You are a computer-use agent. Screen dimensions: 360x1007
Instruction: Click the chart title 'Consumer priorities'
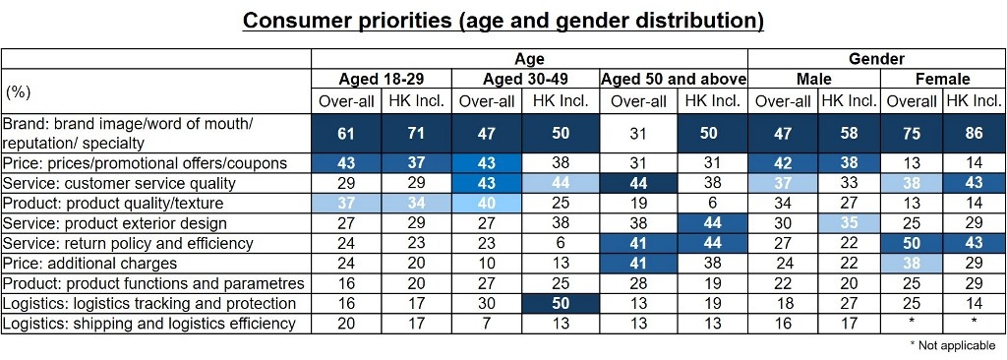[x=503, y=21]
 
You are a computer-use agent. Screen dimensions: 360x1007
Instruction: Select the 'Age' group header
[x=529, y=58]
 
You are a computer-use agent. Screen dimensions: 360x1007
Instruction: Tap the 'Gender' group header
[x=876, y=58]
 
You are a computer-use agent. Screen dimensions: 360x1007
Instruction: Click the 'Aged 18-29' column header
[x=382, y=79]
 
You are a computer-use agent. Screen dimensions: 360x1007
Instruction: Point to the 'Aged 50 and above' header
[x=674, y=79]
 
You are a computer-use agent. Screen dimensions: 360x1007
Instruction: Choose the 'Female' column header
[x=942, y=79]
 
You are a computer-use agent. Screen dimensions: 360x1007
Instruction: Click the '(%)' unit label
[x=19, y=91]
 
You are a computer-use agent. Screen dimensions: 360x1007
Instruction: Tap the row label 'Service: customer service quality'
[x=119, y=183]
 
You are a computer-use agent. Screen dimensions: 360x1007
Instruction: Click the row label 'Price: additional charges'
[x=90, y=263]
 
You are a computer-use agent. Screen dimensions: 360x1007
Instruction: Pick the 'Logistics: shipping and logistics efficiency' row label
[x=149, y=323]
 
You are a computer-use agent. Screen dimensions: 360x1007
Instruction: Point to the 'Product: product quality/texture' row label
[x=113, y=203]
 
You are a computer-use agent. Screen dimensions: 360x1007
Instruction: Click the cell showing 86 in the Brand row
[x=974, y=133]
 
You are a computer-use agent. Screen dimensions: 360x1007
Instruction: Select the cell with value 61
[x=346, y=133]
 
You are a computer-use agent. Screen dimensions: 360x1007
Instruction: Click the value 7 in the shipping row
[x=487, y=323]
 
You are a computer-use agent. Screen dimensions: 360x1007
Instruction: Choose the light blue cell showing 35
[x=848, y=223]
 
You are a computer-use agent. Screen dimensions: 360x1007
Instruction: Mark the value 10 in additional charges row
[x=487, y=263]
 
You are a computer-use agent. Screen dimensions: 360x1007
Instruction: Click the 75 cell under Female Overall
[x=911, y=133]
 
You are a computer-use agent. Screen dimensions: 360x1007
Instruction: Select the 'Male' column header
[x=813, y=79]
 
